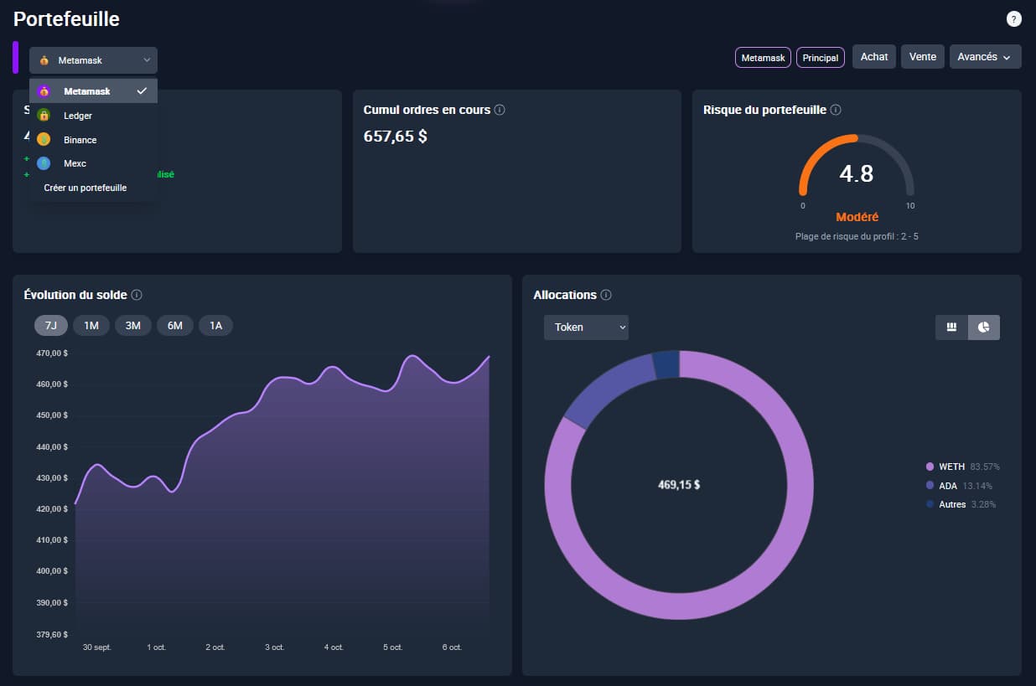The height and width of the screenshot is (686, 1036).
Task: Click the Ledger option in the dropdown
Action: (x=78, y=116)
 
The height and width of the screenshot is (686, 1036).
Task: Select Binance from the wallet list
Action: (x=80, y=140)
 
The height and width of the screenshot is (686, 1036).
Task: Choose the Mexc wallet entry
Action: (x=75, y=163)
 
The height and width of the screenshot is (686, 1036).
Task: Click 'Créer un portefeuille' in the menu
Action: (x=85, y=188)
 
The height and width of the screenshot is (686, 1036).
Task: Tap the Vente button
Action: (x=923, y=57)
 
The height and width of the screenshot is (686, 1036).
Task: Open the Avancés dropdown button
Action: (x=985, y=57)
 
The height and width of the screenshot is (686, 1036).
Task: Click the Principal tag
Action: (x=820, y=58)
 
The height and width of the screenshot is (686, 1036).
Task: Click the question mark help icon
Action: (x=1013, y=19)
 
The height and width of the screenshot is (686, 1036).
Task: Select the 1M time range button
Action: (x=91, y=325)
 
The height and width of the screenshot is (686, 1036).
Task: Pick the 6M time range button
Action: (x=174, y=325)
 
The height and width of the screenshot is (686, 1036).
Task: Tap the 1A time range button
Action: (x=215, y=325)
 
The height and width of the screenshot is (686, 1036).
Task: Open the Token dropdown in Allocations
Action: (x=586, y=328)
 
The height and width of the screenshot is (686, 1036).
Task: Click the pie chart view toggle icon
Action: (x=983, y=328)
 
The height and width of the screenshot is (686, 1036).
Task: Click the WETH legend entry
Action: (x=951, y=467)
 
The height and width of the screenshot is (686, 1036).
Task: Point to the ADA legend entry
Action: (x=948, y=486)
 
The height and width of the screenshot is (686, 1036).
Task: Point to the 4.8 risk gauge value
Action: (x=856, y=173)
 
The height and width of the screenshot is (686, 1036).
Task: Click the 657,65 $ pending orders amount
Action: (x=395, y=136)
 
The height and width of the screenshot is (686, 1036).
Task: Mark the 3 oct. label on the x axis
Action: (x=274, y=647)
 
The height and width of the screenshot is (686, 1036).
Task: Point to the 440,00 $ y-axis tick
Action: (x=54, y=446)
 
